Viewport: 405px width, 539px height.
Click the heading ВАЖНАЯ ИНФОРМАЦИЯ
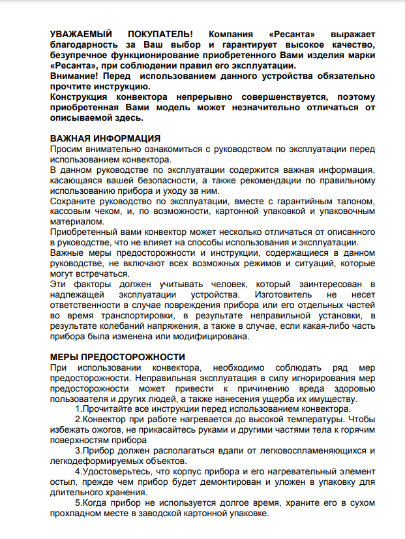pyautogui.click(x=105, y=139)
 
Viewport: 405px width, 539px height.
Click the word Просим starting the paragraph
pyautogui.click(x=67, y=150)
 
